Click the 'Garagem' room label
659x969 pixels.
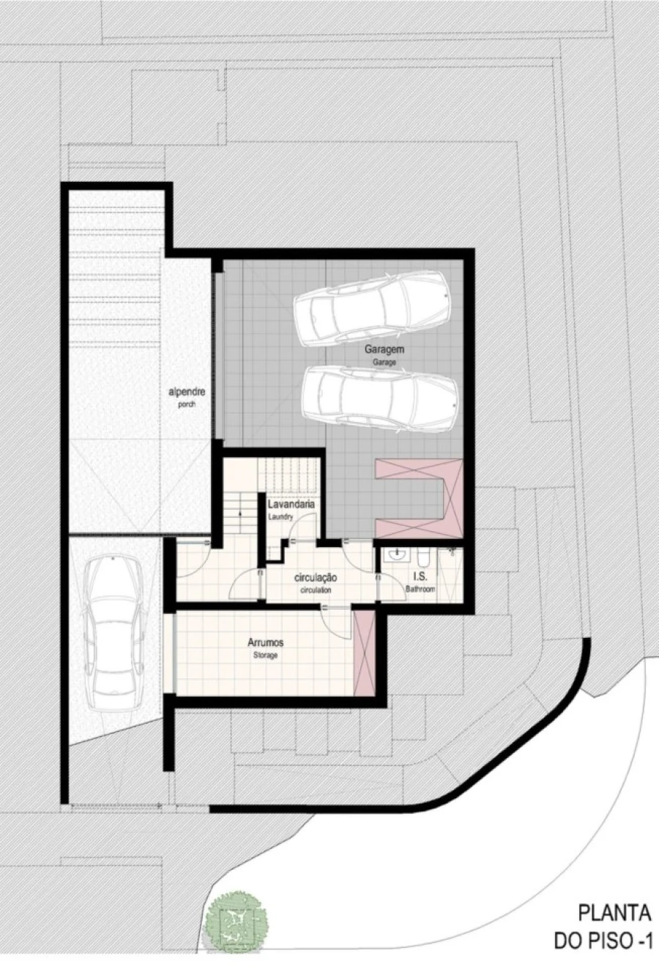[384, 349]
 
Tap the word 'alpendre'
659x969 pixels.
[187, 393]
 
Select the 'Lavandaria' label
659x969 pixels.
[291, 505]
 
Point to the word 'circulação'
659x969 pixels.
[316, 577]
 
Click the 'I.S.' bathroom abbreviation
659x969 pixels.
[420, 576]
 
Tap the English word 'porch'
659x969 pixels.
[187, 404]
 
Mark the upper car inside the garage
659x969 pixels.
[372, 308]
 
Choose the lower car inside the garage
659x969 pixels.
[379, 399]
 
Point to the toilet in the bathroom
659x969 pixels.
[423, 557]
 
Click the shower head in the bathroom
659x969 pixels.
[452, 552]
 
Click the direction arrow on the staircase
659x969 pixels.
[240, 513]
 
